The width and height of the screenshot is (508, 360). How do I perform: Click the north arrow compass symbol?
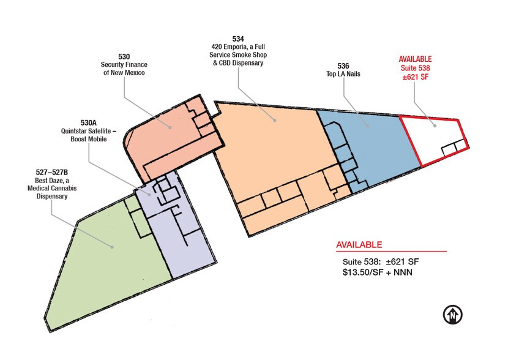[x=452, y=315]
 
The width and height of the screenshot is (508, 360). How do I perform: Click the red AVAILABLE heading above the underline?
[x=359, y=245]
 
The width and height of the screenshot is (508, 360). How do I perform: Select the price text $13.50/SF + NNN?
[x=377, y=271]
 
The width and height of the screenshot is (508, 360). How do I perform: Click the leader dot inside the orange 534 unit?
[x=275, y=121]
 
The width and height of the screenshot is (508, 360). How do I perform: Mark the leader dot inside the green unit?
[x=113, y=247]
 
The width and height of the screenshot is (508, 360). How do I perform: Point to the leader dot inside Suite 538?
[x=435, y=126]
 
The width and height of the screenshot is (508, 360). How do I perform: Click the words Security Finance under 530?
[x=124, y=65]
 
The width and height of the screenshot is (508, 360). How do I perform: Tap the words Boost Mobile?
[x=88, y=139]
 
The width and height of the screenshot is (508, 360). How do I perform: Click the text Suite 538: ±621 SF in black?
[x=380, y=262]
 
